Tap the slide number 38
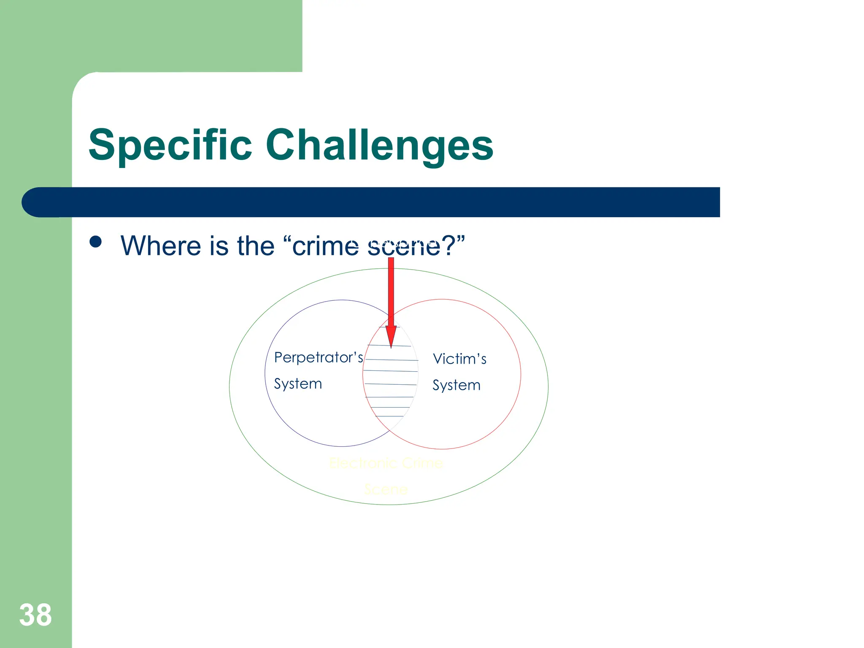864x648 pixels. pos(35,615)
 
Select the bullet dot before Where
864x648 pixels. pos(96,242)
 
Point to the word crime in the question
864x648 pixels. pos(325,246)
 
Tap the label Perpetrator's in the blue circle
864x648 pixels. pos(319,358)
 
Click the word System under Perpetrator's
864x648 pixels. pos(298,384)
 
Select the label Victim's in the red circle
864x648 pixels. pos(460,359)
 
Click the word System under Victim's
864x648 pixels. pos(456,385)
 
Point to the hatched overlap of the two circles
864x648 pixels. pos(390,380)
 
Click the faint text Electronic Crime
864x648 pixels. pos(386,463)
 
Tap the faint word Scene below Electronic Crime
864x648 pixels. pos(386,489)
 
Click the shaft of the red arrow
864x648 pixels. pos(391,291)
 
